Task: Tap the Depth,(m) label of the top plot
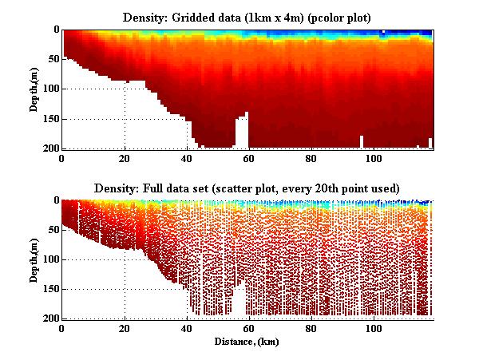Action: click(35, 89)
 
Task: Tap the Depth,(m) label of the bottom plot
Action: click(35, 259)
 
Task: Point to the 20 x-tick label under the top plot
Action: click(125, 158)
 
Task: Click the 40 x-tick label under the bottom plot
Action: click(187, 328)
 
